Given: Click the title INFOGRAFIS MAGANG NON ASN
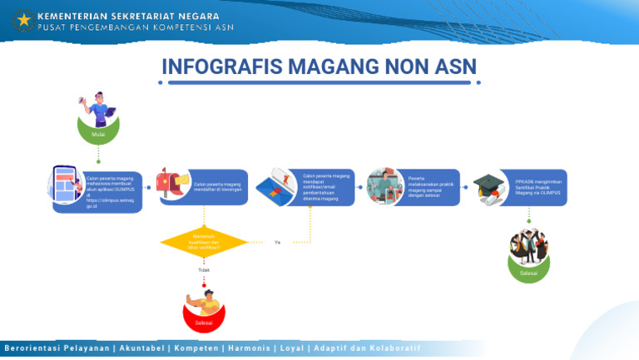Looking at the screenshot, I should (319, 67).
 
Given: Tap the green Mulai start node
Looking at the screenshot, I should (99, 131).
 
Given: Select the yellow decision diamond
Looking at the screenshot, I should (204, 242).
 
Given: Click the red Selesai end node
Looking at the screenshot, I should (204, 319).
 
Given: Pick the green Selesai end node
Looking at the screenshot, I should (528, 270).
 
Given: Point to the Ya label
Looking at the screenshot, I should (277, 243).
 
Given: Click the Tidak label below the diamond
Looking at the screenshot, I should (204, 270).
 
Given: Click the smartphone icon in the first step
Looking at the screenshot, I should (66, 185).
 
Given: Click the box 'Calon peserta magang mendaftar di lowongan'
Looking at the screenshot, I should (218, 187).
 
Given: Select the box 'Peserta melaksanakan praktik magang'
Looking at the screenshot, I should (431, 187).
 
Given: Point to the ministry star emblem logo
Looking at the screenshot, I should (22, 19).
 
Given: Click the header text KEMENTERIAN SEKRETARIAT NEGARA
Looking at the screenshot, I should (128, 15).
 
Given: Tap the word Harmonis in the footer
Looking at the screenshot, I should (248, 348).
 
